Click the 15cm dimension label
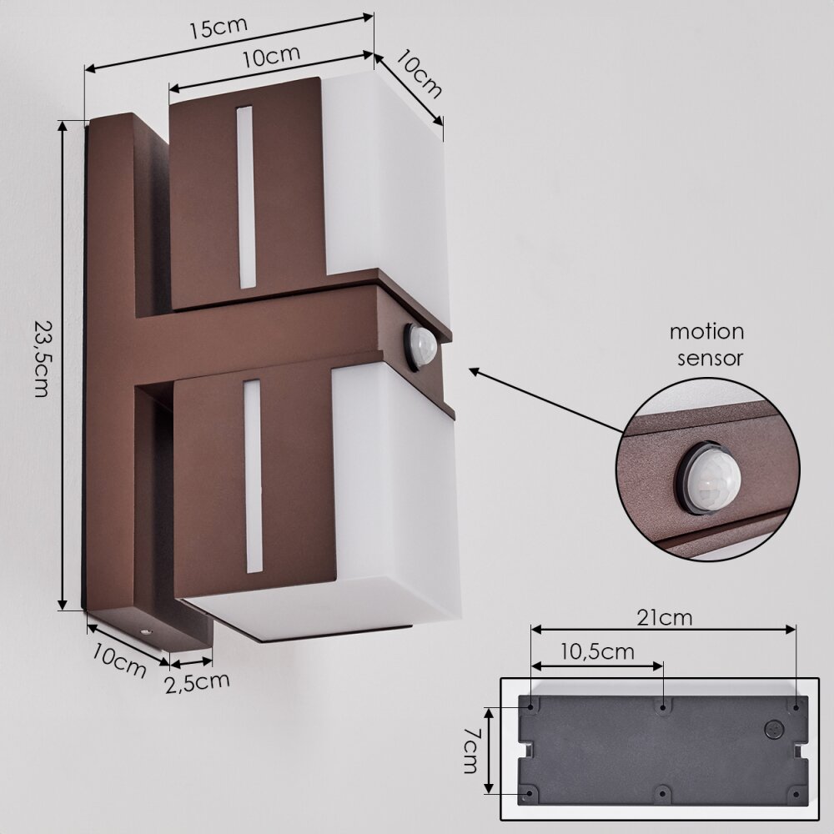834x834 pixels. [219, 28]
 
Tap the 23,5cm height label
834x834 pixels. [42, 358]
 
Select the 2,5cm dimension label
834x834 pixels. [198, 682]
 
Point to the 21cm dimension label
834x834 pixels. [665, 617]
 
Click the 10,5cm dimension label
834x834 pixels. [598, 651]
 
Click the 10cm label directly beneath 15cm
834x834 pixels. [271, 57]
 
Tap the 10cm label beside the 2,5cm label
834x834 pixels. [119, 661]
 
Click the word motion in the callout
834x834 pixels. [707, 332]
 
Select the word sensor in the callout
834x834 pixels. [710, 358]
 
